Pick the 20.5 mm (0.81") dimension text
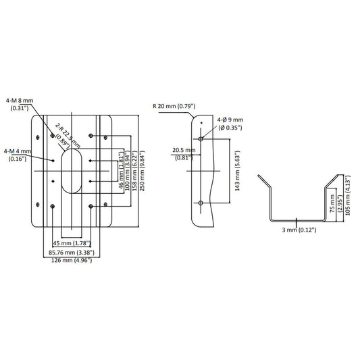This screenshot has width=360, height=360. tap(183, 154)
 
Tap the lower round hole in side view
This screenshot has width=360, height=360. tap(201, 203)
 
